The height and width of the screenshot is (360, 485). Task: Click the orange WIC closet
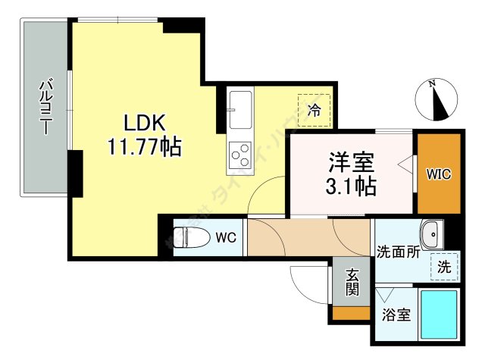click(x=438, y=174)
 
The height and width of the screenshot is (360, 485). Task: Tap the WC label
click(x=227, y=237)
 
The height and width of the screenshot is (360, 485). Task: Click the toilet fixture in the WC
click(x=191, y=236)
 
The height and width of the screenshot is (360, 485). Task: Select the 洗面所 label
click(x=397, y=252)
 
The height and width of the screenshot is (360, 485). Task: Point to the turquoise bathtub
click(x=439, y=313)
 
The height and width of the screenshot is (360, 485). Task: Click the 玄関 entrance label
click(x=352, y=282)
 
